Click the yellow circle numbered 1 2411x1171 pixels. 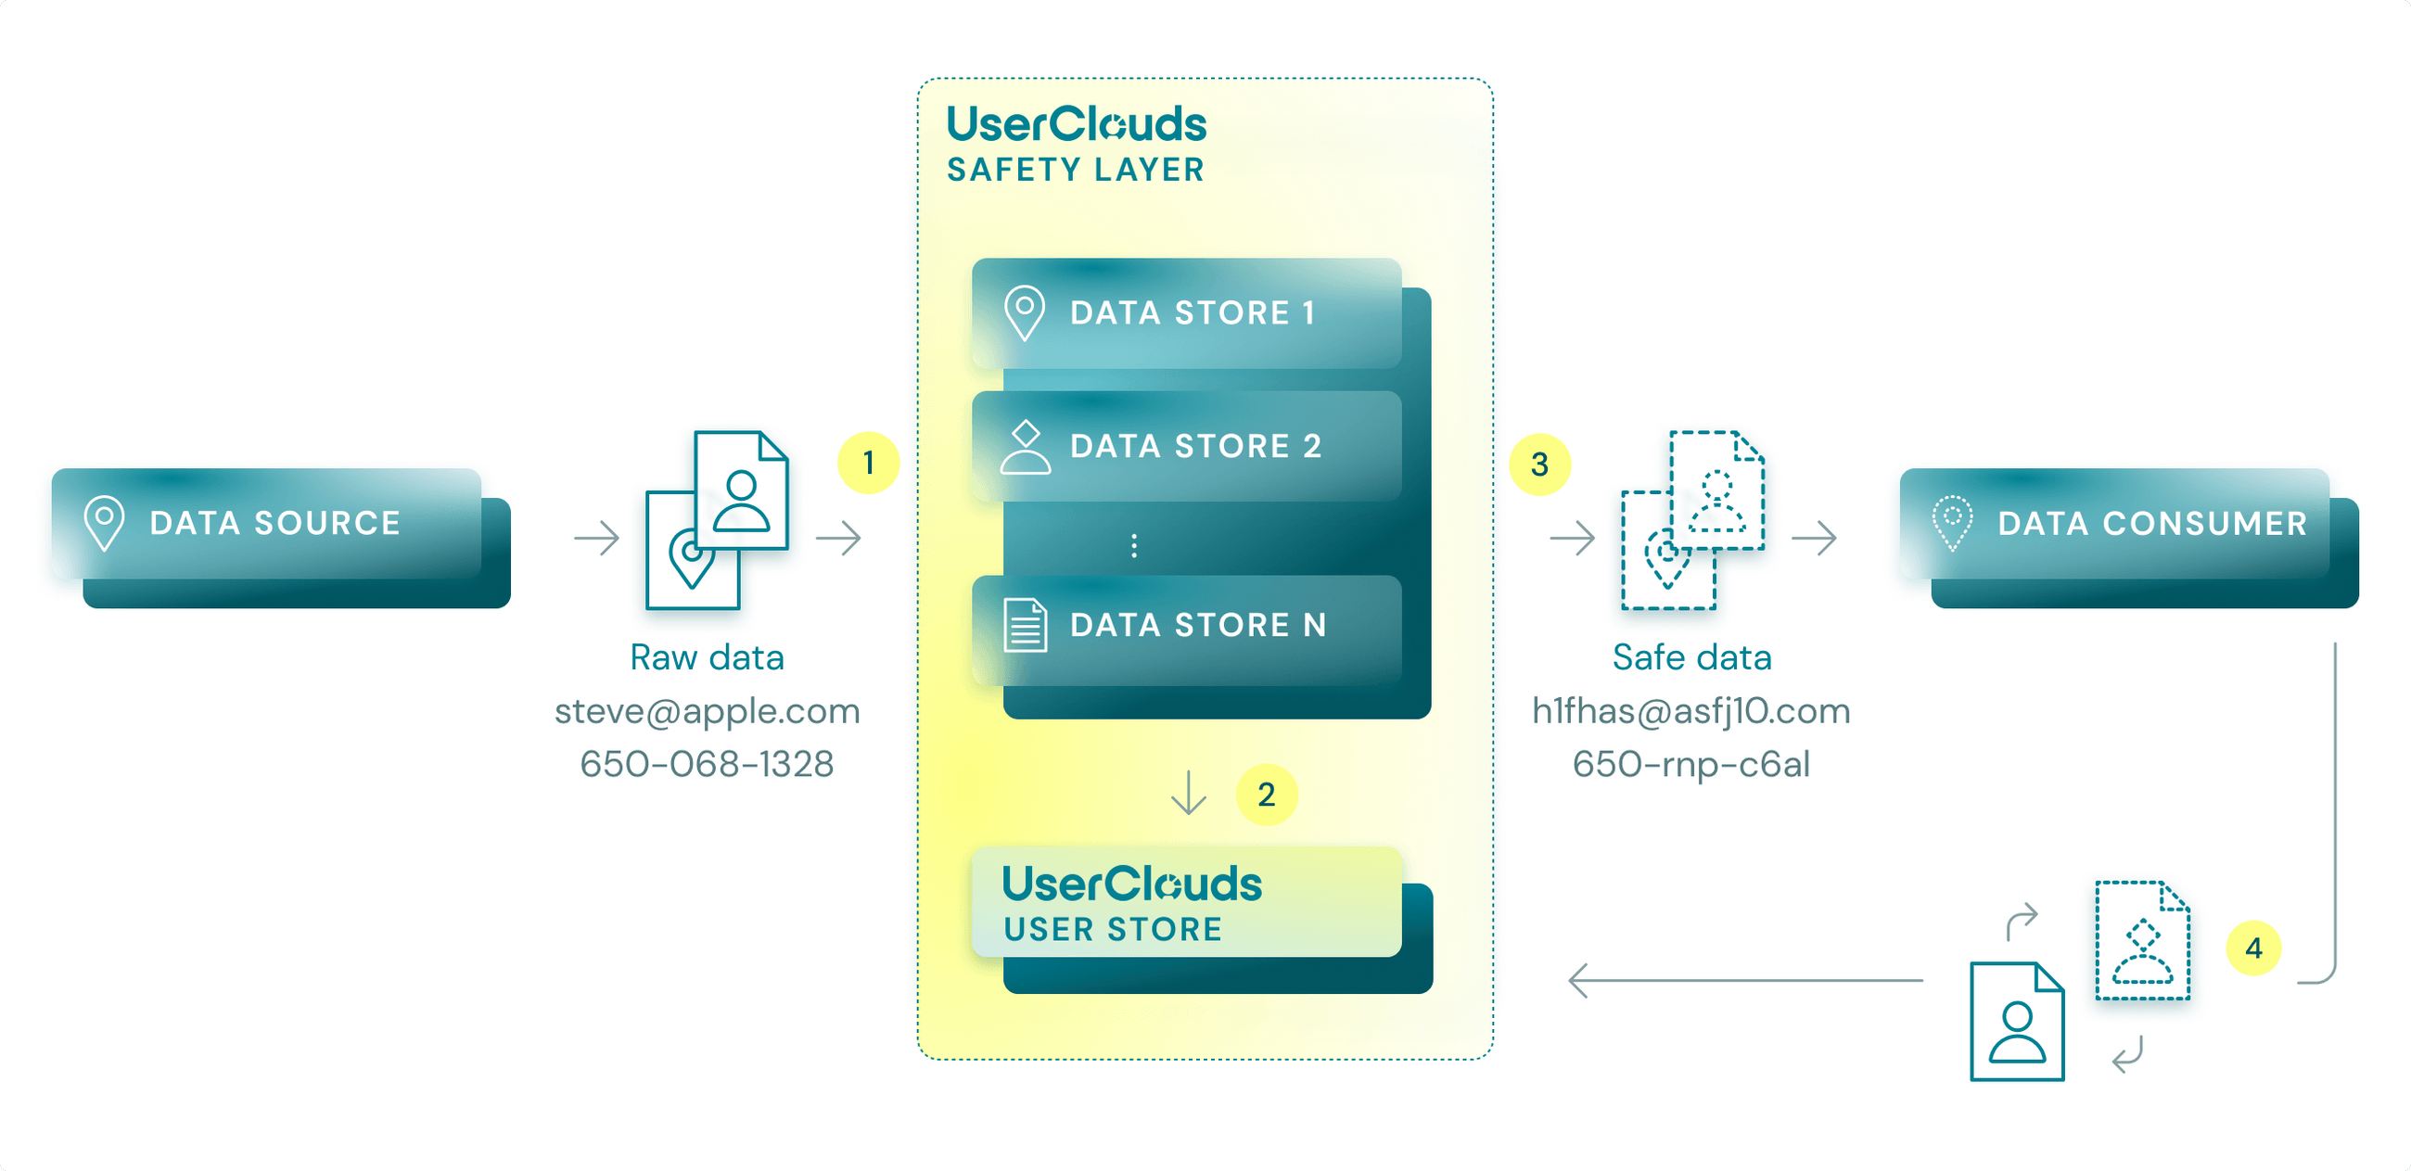[x=868, y=463]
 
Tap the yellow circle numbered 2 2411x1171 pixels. [x=1266, y=795]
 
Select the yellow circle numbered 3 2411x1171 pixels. [x=1538, y=465]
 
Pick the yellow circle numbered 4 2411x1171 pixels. [x=2252, y=948]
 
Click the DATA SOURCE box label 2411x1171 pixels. [x=274, y=523]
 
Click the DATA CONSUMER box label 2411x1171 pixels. [x=2151, y=524]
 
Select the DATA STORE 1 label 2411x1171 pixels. [x=1193, y=312]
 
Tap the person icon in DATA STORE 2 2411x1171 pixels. [x=1025, y=447]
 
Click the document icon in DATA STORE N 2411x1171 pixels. [x=1025, y=624]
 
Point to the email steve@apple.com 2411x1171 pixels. [x=707, y=711]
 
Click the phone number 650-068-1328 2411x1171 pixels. [x=707, y=765]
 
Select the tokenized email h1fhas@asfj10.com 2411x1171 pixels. [x=1690, y=711]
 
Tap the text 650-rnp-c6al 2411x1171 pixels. [x=1690, y=765]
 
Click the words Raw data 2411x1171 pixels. [x=707, y=657]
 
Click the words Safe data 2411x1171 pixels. [x=1691, y=657]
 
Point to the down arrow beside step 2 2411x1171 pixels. [x=1188, y=793]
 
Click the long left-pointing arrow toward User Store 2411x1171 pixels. [x=1745, y=980]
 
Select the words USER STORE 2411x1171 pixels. [x=1113, y=930]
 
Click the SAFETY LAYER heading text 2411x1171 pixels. [x=1076, y=171]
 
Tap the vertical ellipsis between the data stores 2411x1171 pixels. [x=1133, y=546]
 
